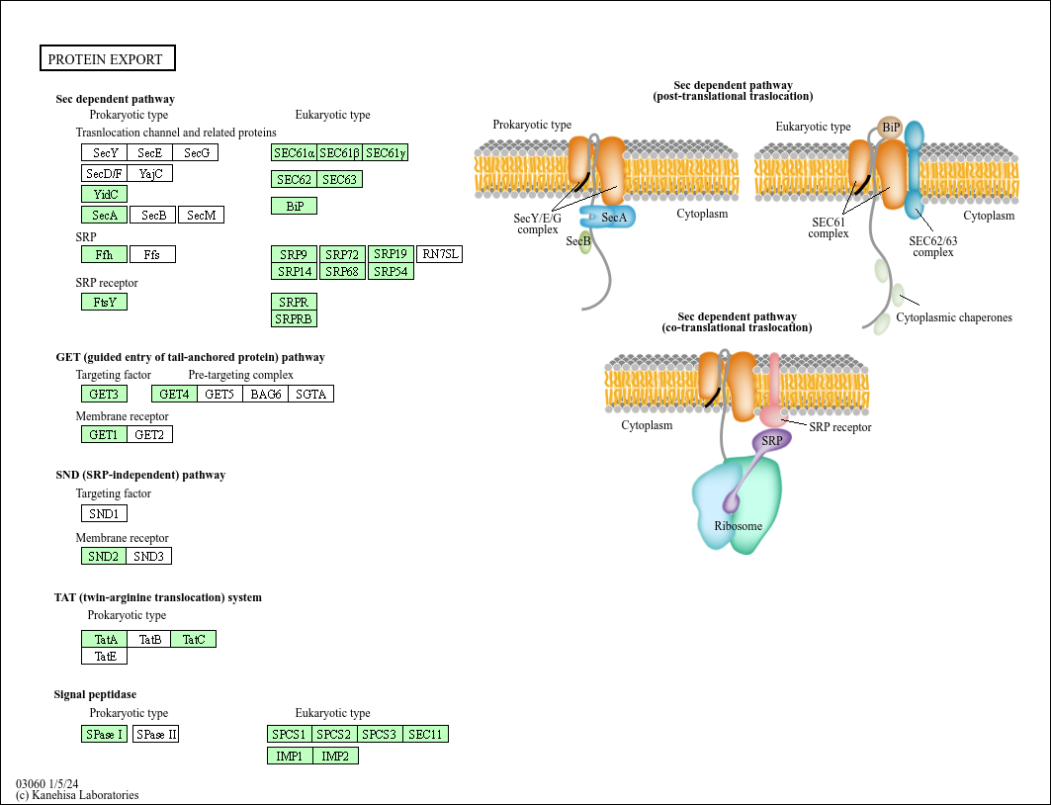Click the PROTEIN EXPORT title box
click(x=107, y=58)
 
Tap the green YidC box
click(x=104, y=194)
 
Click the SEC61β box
click(x=339, y=152)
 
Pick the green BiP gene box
click(x=294, y=206)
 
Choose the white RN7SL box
click(x=440, y=254)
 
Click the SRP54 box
click(x=391, y=271)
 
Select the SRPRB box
click(x=294, y=318)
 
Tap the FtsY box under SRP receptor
click(x=104, y=302)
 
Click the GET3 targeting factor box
click(x=104, y=394)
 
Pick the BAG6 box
click(x=265, y=394)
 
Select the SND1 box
click(x=104, y=513)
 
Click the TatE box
click(x=104, y=656)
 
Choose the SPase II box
click(x=156, y=734)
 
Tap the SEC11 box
click(x=426, y=734)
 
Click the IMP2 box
click(x=335, y=756)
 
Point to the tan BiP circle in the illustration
click(x=891, y=127)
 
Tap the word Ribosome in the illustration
click(x=739, y=526)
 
